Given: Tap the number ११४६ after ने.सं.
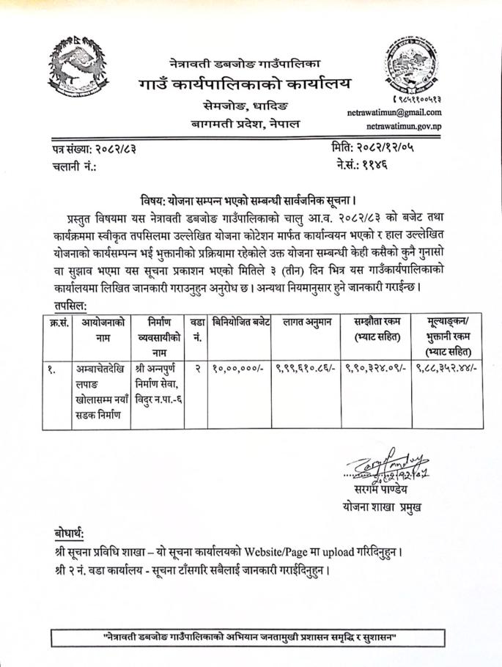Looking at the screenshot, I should tap(384, 165).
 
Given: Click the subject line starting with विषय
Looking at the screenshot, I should tap(253, 199).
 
